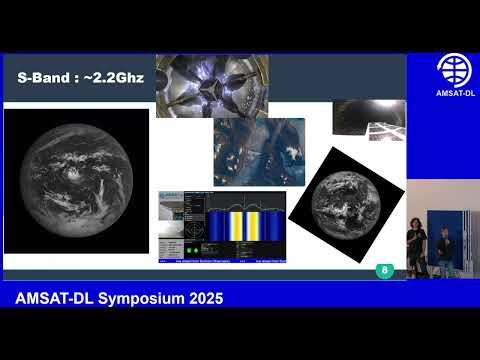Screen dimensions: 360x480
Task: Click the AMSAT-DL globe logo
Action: (x=457, y=70)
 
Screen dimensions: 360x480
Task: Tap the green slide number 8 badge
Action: (x=384, y=270)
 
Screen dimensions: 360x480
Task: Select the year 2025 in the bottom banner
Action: (x=201, y=299)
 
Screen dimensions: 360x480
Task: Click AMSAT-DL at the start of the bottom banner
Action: (x=50, y=299)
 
